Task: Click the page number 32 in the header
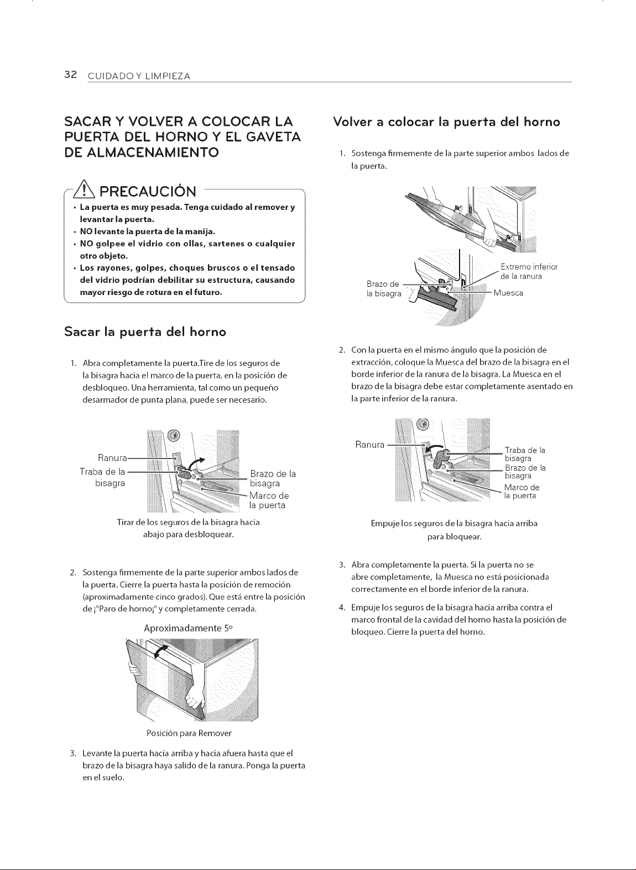(71, 75)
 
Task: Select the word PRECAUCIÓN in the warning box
(148, 191)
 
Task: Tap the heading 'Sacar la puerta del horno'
(145, 332)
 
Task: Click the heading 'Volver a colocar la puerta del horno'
(447, 122)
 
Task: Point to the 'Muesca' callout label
(508, 293)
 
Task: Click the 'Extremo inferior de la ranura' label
(529, 271)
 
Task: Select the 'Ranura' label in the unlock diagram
(112, 457)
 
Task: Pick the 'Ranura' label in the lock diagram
(369, 444)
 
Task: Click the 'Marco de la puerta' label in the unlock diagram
(269, 500)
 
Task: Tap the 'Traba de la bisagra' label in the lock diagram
(525, 454)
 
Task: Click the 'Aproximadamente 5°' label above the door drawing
(188, 628)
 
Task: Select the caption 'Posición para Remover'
(189, 733)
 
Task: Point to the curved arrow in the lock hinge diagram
(434, 448)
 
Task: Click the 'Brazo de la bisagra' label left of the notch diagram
(384, 288)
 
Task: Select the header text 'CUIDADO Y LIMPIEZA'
(139, 76)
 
